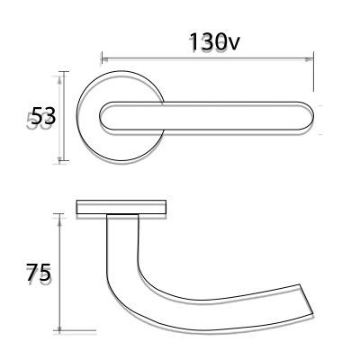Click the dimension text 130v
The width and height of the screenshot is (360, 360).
[x=211, y=43]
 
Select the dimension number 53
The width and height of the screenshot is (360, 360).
[x=42, y=116]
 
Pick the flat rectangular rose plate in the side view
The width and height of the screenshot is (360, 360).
[x=121, y=209]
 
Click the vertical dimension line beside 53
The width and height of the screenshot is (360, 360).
[x=61, y=117]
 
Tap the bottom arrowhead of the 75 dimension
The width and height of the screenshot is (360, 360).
[x=59, y=329]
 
